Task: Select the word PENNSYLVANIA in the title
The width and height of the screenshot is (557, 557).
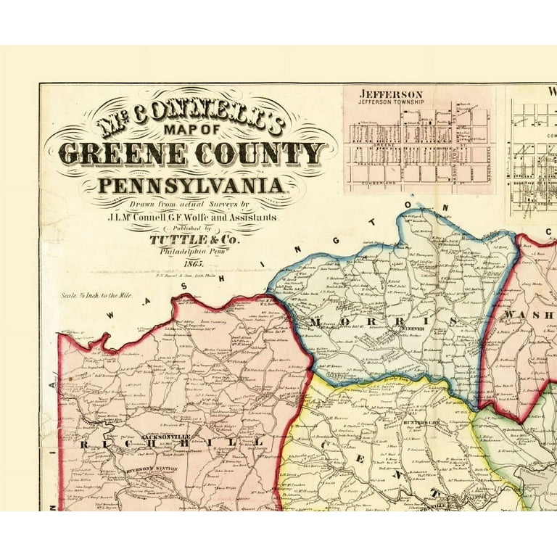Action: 191,186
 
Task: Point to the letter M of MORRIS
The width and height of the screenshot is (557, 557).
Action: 318,321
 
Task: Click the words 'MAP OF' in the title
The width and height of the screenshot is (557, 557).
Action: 190,128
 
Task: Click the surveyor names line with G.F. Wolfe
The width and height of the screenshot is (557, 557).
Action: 191,217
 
